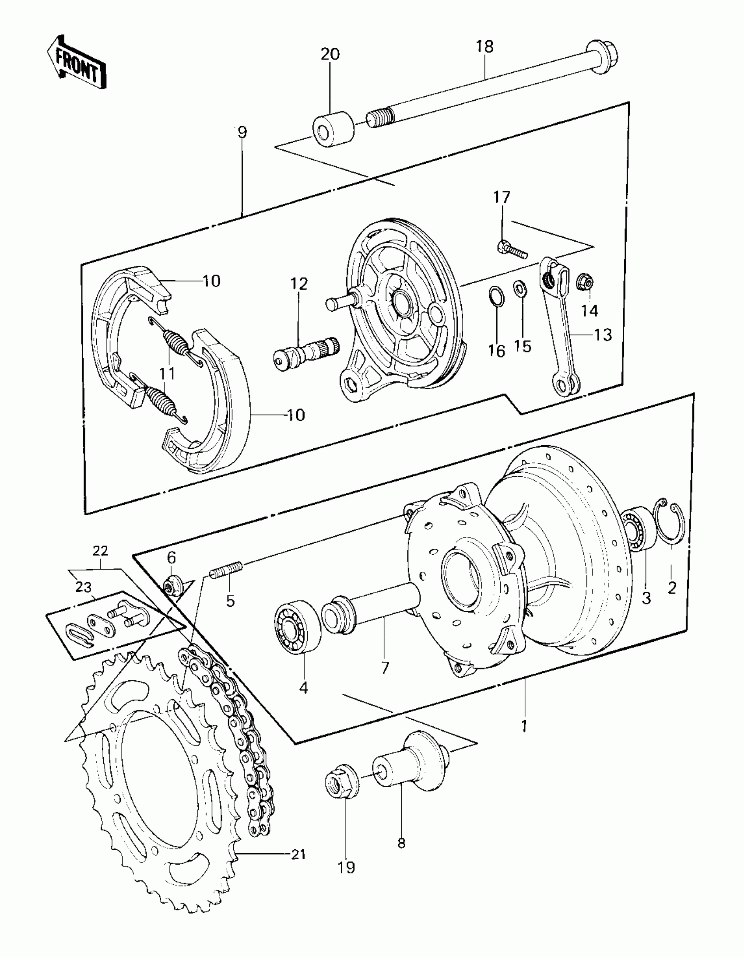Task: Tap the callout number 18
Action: tap(484, 46)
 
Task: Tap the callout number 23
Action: tap(83, 587)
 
